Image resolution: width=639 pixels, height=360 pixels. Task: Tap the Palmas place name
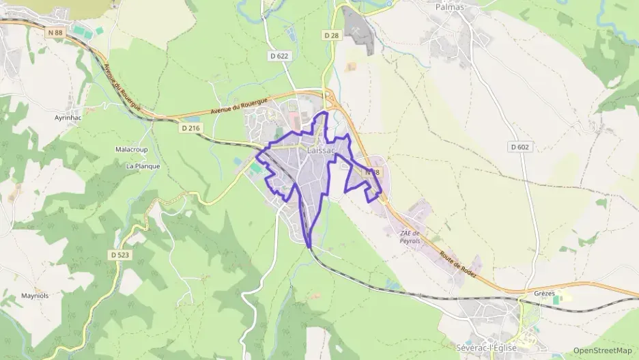(x=449, y=7)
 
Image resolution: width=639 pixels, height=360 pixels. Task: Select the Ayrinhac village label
(x=68, y=117)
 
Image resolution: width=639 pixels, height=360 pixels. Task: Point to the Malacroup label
(x=131, y=149)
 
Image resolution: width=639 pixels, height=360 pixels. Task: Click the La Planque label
(x=143, y=165)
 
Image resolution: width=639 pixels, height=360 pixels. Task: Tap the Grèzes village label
(x=545, y=294)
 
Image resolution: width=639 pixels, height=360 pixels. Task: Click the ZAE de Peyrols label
(x=410, y=238)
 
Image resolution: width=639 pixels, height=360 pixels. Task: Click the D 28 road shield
(x=332, y=35)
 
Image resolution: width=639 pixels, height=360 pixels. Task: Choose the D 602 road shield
(x=520, y=146)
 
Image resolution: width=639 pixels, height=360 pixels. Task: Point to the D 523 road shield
(x=119, y=255)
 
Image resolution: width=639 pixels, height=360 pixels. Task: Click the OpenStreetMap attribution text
(x=602, y=350)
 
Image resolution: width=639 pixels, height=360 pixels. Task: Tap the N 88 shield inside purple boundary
(x=371, y=173)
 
